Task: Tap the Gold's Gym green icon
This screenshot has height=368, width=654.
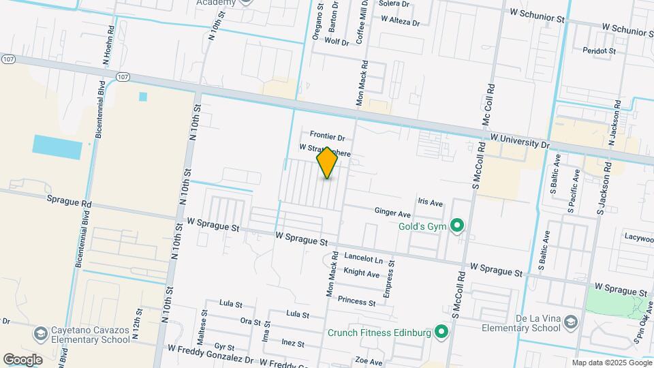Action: coord(458,225)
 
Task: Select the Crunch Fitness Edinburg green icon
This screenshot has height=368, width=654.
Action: coord(441,333)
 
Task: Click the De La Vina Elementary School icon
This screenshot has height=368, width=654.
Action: coord(570,322)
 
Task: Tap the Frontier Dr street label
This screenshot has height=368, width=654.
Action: coord(328,136)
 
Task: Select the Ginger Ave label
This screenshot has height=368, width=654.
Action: coord(392,213)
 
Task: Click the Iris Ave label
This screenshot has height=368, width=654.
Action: coord(431,203)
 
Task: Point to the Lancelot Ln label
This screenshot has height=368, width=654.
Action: coord(364,258)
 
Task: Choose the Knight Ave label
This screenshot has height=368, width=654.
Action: coord(362,273)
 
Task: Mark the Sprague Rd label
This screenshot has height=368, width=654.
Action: coord(69,203)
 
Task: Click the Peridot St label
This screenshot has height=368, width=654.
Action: coord(599,50)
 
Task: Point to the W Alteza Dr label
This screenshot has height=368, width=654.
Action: coord(401,20)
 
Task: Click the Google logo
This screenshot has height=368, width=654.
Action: coord(22,359)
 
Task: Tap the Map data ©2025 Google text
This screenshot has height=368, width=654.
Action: coord(611,363)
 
